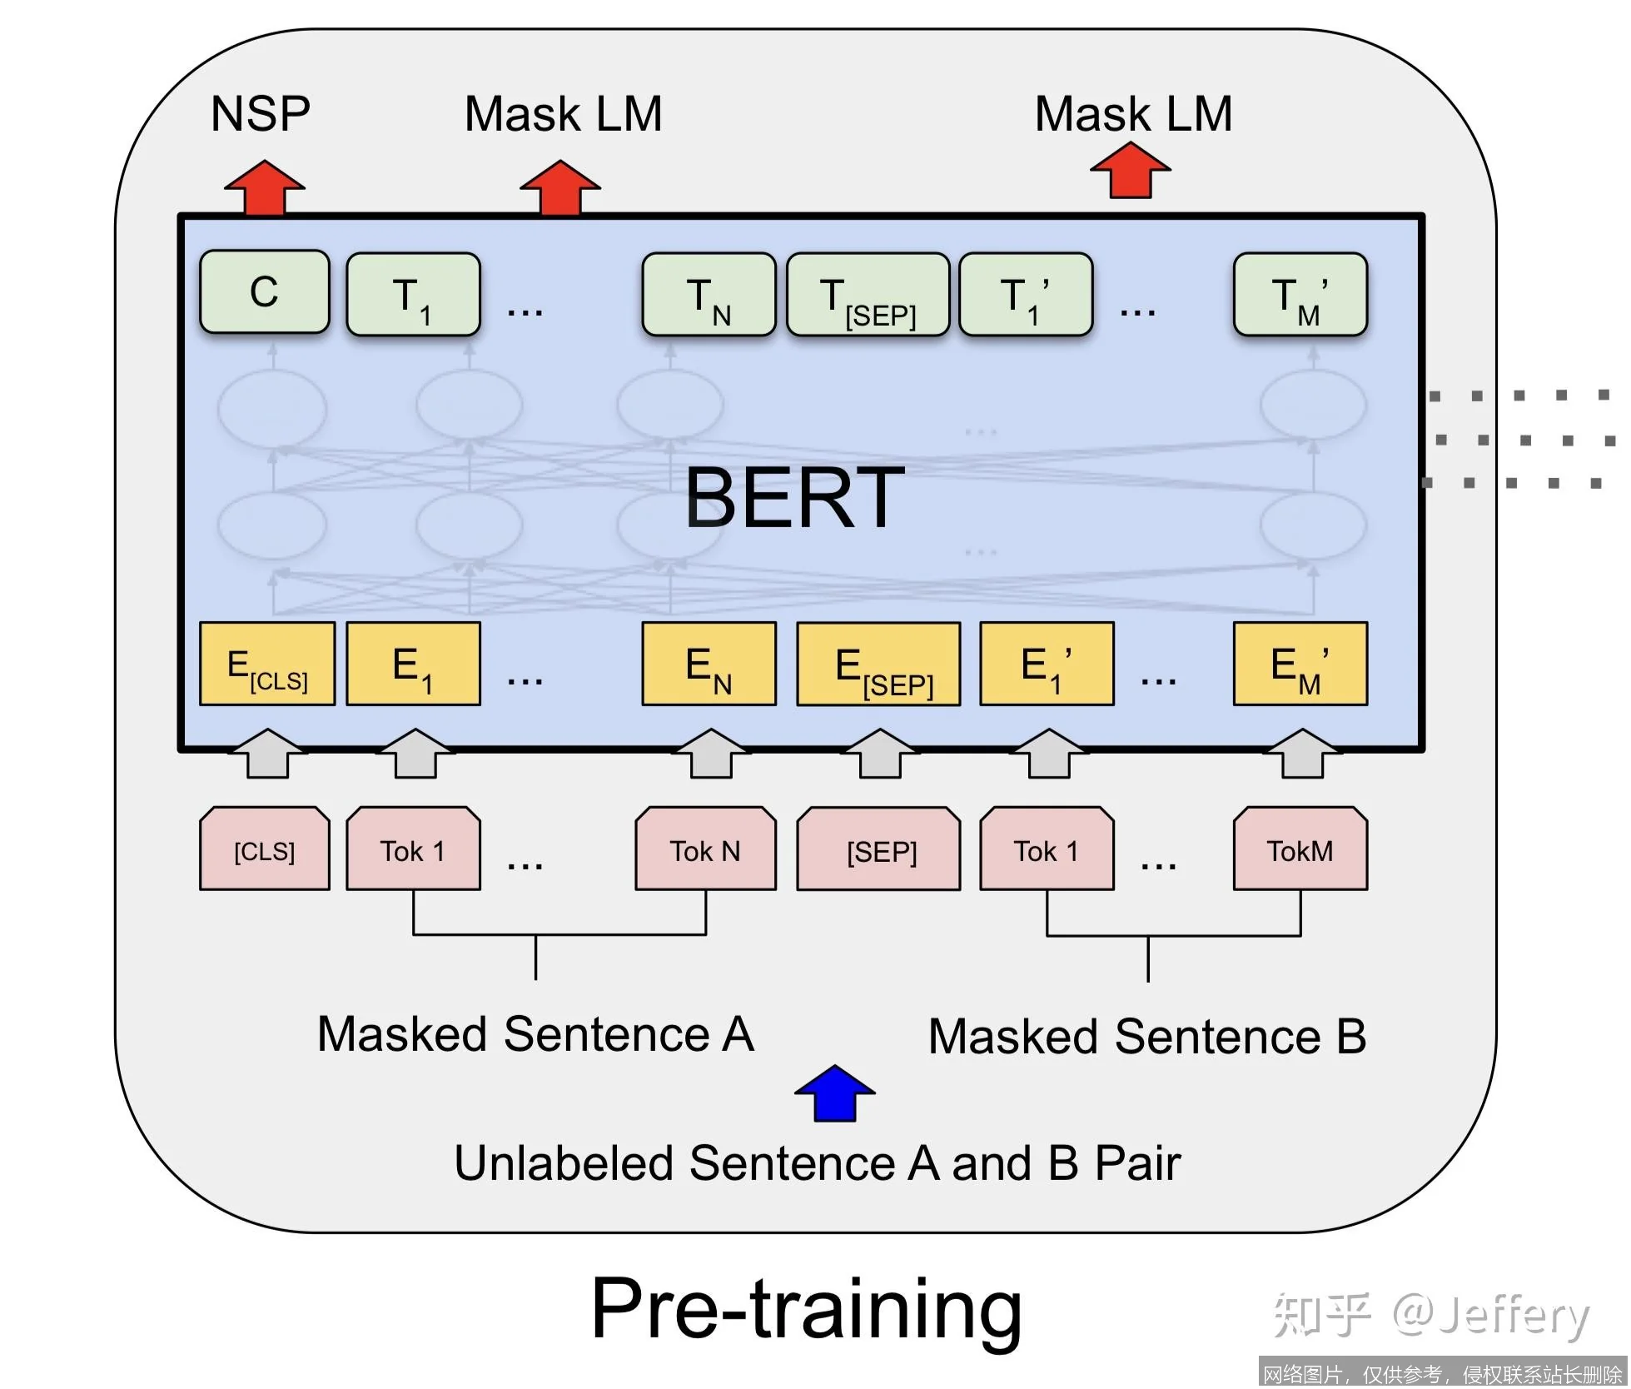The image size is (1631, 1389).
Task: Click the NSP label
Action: [261, 114]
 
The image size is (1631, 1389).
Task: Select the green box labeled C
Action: [265, 292]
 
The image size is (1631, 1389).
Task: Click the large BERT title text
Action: [794, 497]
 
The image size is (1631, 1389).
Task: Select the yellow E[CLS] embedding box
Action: [267, 665]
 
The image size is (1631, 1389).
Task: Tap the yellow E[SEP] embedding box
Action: [878, 665]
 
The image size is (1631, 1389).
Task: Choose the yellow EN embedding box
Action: [709, 665]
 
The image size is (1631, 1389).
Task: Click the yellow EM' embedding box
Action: [1300, 665]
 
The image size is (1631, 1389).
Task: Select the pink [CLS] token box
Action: [265, 849]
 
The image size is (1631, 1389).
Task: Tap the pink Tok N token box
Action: [705, 849]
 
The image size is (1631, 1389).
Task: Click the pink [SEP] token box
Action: [878, 849]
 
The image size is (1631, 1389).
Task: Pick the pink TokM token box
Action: [1300, 849]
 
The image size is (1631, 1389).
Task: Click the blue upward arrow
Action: [834, 1093]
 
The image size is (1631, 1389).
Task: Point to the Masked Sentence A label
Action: [535, 1034]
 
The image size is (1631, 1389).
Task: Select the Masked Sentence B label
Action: [1147, 1037]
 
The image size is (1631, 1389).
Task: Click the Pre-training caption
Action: [806, 1309]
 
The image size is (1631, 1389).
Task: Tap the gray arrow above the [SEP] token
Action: [880, 754]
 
